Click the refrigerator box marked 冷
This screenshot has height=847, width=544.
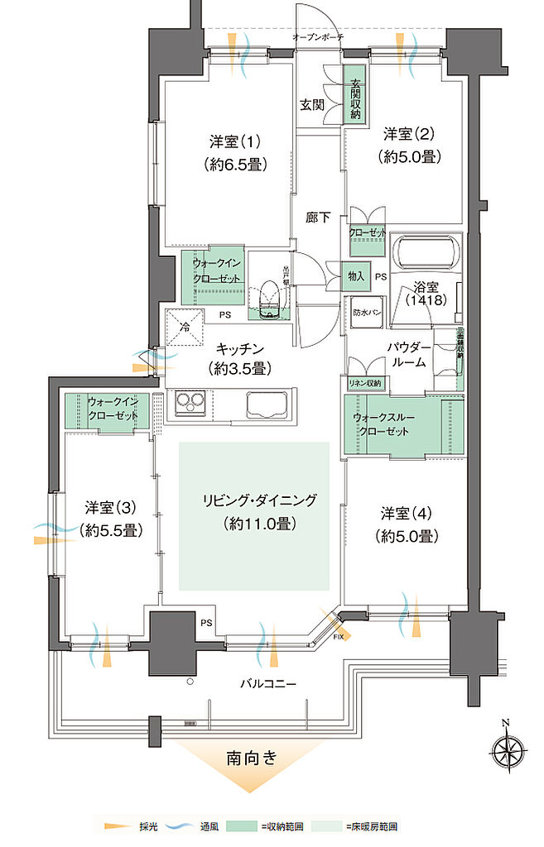tap(184, 324)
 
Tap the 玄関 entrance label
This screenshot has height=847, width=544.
tap(312, 105)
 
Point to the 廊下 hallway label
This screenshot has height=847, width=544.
tap(318, 218)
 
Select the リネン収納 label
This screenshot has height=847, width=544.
tap(364, 383)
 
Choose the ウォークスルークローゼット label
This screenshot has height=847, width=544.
tap(382, 424)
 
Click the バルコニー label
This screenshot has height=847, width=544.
tap(264, 683)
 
